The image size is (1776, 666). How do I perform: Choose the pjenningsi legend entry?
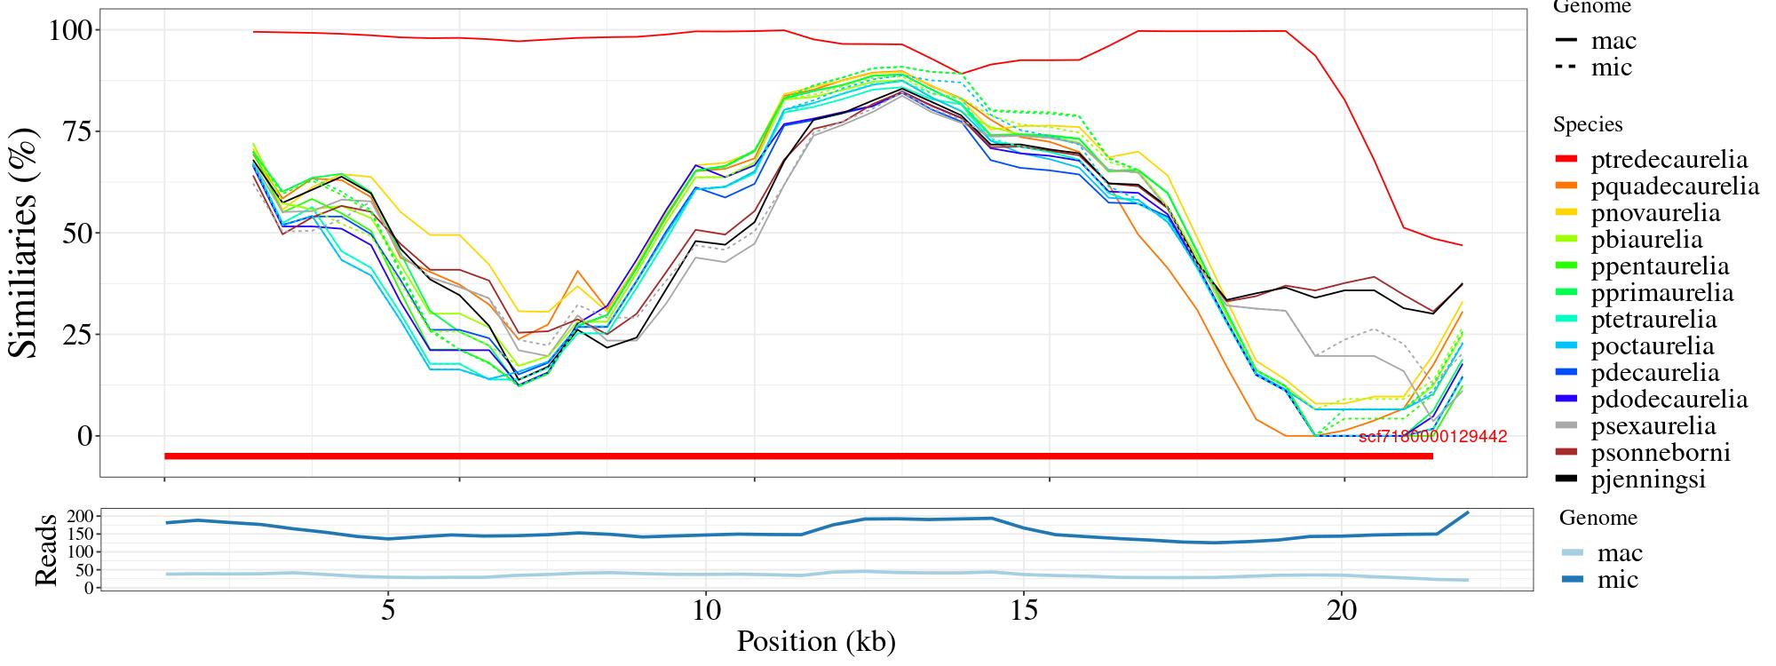click(1648, 480)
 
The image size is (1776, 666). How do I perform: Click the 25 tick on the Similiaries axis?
click(74, 335)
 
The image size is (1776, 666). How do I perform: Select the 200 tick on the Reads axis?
click(81, 516)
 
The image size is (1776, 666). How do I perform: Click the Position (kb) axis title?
click(816, 641)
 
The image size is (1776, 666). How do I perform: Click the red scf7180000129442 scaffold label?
click(1432, 437)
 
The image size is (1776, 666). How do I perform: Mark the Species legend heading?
click(1588, 125)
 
